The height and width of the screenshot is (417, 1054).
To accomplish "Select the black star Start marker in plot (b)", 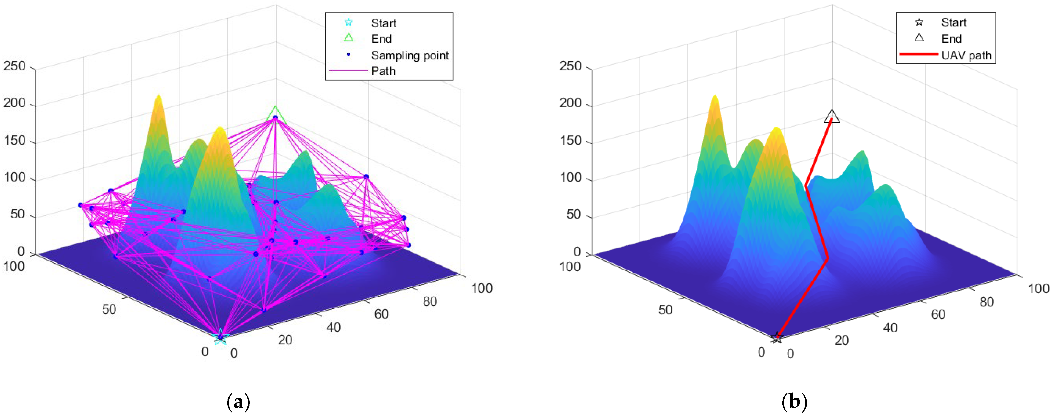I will click(776, 338).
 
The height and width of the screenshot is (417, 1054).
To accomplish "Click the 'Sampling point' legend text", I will click(410, 55).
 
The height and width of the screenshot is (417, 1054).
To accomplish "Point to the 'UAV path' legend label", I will click(966, 55).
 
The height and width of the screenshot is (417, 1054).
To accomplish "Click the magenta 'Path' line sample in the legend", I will click(348, 71).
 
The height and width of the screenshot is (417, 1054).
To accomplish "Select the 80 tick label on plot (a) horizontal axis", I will click(430, 302).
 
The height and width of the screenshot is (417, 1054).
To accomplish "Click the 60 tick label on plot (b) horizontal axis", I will click(938, 314).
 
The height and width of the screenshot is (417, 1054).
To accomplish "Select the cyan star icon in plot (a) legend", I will click(348, 22).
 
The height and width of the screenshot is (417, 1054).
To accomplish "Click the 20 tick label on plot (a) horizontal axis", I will click(285, 340).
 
